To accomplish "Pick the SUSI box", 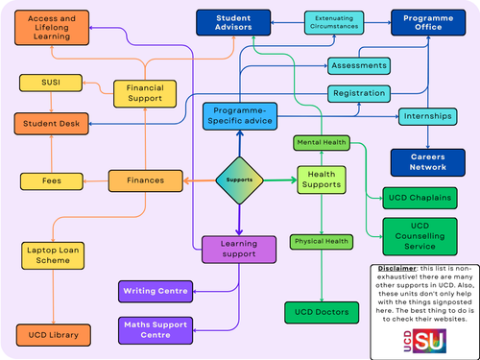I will [49, 84].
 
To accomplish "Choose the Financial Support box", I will [145, 93].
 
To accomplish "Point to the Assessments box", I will [359, 65].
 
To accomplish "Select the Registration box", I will [359, 94].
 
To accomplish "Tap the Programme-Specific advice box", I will [239, 115].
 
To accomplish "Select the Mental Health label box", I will [322, 143].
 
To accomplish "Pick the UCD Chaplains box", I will [420, 199].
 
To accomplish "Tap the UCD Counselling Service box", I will [420, 234].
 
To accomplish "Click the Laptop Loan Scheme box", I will [48, 254].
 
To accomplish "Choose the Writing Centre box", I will [155, 290].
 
